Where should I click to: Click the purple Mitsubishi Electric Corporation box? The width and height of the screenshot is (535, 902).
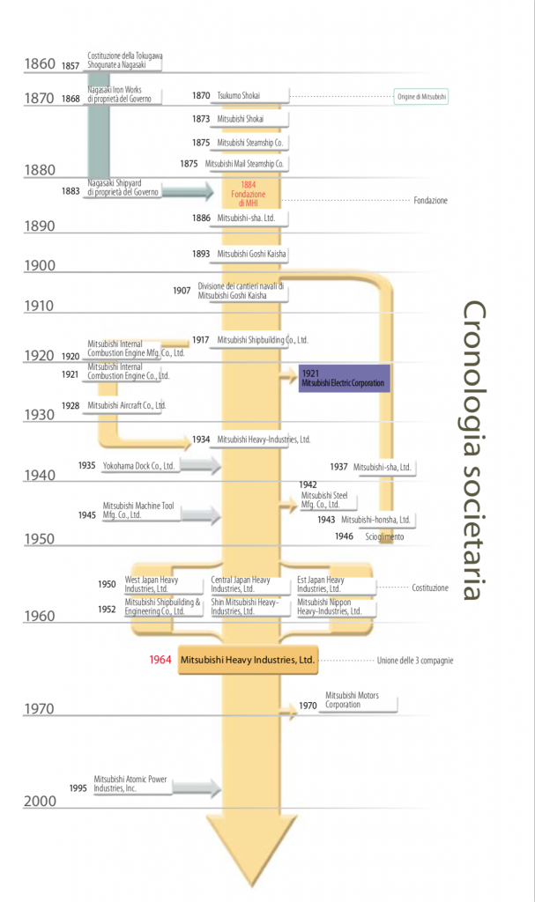(x=343, y=378)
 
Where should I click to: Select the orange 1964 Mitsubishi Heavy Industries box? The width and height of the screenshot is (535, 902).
(x=247, y=659)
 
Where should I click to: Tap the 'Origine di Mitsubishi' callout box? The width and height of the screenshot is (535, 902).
(x=421, y=95)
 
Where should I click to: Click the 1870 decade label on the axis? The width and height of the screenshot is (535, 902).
(x=40, y=99)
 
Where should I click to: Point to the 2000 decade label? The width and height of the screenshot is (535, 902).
(x=40, y=801)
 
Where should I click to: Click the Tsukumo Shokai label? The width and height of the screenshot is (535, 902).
(x=239, y=95)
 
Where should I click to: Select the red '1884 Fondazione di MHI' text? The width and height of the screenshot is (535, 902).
(x=248, y=194)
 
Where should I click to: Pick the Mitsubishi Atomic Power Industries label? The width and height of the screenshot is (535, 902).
(x=130, y=784)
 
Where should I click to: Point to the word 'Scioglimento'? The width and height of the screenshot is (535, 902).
(x=384, y=536)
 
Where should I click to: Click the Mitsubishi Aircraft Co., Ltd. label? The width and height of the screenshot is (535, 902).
(x=127, y=405)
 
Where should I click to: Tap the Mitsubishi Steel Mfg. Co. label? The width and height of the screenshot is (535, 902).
(x=324, y=500)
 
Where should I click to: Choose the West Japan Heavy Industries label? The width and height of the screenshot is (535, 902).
(x=152, y=585)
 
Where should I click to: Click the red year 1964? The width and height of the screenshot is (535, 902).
(x=160, y=659)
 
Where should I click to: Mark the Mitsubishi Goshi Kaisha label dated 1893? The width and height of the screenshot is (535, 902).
(x=252, y=254)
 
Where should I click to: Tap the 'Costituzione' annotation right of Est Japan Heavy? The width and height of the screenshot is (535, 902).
(x=429, y=588)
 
